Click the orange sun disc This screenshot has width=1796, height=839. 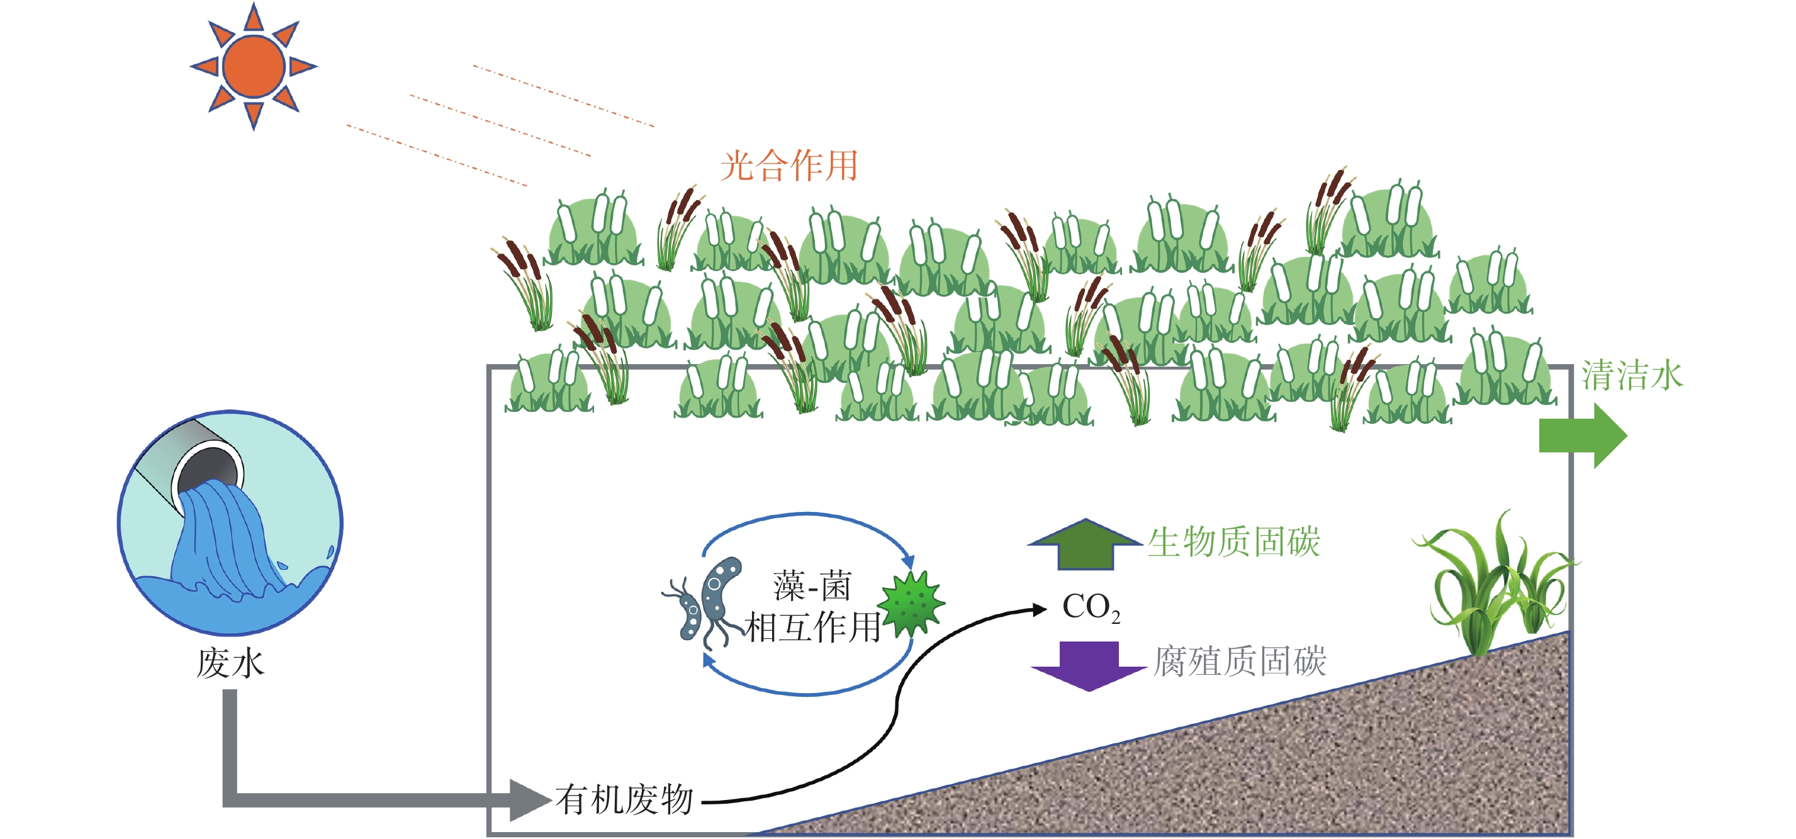click(x=254, y=66)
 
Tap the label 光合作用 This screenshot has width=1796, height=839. click(x=789, y=167)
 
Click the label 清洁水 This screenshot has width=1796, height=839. click(x=1632, y=375)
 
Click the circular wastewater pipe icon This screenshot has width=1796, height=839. click(x=230, y=523)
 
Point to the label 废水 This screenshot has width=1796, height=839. click(x=230, y=663)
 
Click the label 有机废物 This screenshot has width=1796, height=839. click(x=624, y=800)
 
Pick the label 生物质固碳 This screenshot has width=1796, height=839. click(x=1234, y=542)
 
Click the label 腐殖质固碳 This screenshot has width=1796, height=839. click(x=1240, y=661)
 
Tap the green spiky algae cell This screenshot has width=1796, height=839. click(x=911, y=604)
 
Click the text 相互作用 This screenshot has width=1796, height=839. click(x=812, y=627)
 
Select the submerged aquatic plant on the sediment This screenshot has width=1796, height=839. click(x=1492, y=586)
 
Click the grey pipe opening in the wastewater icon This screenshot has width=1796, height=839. click(x=208, y=469)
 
